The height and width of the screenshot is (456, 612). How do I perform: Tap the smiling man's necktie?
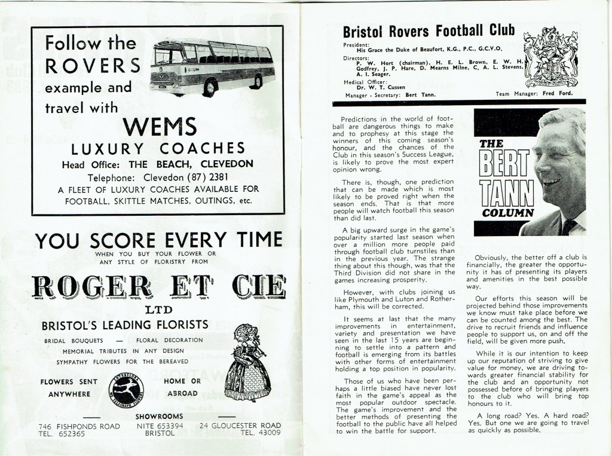tap(569, 227)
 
